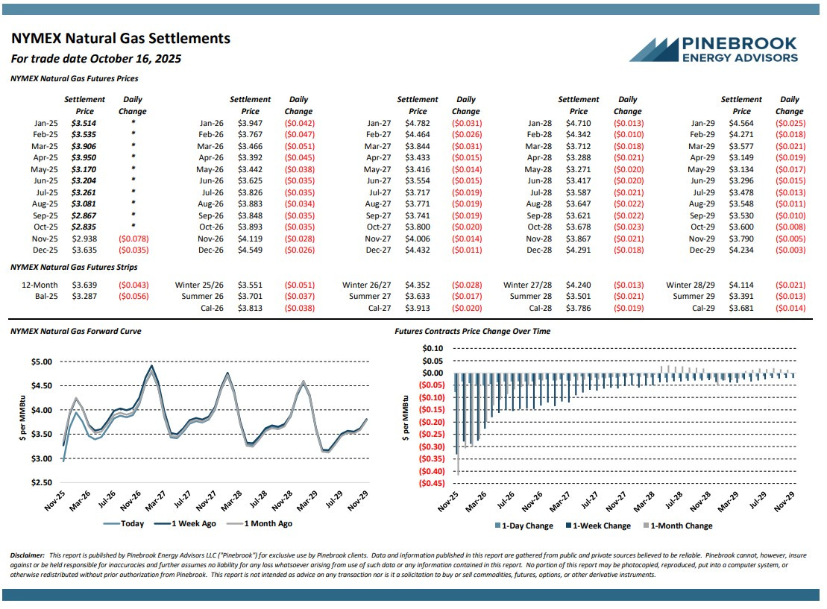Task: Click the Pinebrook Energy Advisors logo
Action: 713,49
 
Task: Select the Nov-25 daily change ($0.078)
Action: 133,239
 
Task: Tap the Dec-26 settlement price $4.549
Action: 251,250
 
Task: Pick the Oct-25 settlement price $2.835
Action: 84,227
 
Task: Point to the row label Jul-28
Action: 539,192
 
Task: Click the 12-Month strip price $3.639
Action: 84,285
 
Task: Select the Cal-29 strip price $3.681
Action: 741,308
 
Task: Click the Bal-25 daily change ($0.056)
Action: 133,296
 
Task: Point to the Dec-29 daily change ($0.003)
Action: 790,250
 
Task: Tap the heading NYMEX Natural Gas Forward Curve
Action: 76,331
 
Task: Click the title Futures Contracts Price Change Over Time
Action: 472,331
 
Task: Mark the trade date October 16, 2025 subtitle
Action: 96,59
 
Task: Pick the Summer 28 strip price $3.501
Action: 579,296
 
